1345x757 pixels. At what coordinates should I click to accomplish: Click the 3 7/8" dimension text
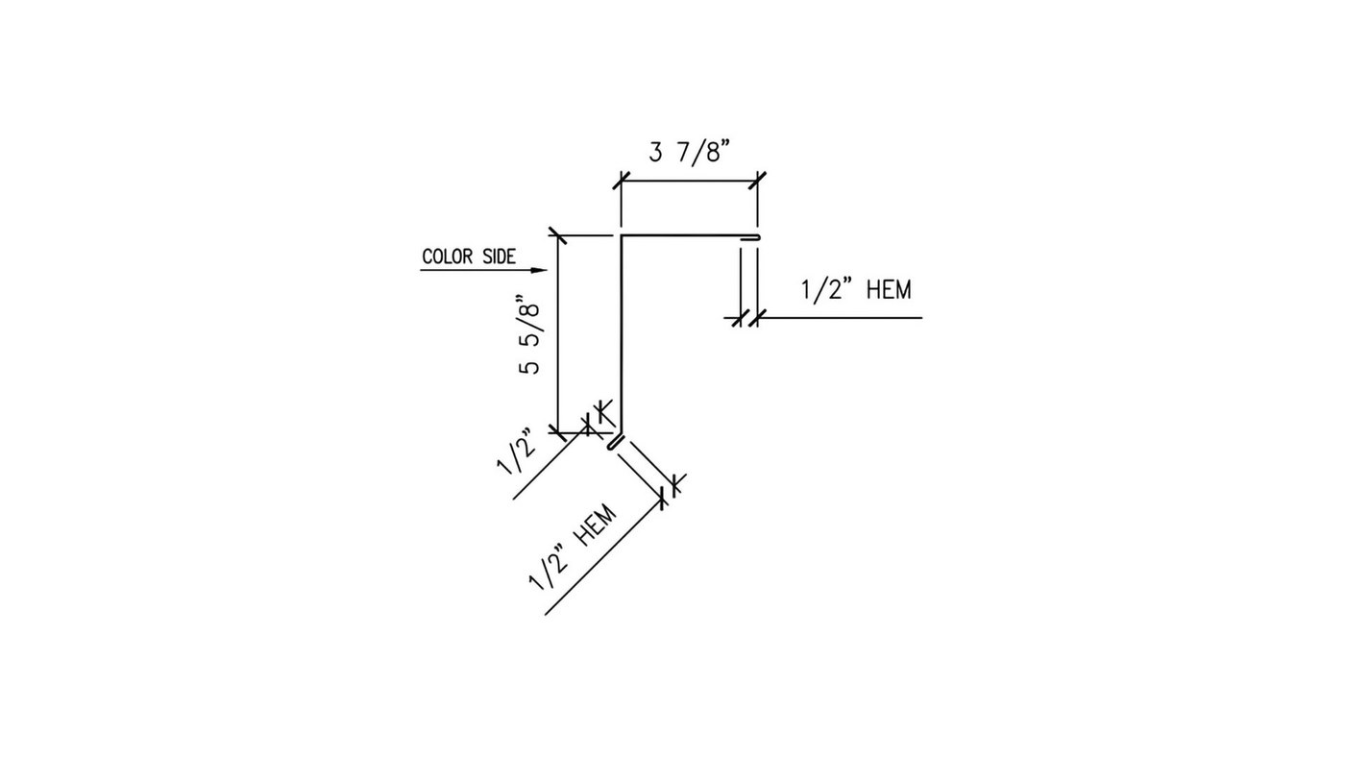pyautogui.click(x=690, y=153)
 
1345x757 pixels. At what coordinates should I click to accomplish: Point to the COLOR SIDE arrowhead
pyautogui.click(x=539, y=271)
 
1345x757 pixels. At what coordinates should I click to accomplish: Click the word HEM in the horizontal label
pyautogui.click(x=888, y=289)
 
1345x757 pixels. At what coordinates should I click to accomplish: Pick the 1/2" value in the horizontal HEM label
pyautogui.click(x=827, y=289)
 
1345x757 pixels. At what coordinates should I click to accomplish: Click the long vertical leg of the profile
pyautogui.click(x=620, y=336)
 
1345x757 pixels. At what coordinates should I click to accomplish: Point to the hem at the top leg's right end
pyautogui.click(x=752, y=237)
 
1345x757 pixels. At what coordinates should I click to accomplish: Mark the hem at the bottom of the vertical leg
pyautogui.click(x=616, y=442)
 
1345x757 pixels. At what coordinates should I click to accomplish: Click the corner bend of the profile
pyautogui.click(x=621, y=235)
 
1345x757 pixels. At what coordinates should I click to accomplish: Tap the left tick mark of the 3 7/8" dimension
pyautogui.click(x=621, y=180)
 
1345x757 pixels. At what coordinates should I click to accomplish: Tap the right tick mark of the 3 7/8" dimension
pyautogui.click(x=758, y=180)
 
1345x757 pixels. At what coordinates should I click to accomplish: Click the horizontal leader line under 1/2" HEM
pyautogui.click(x=845, y=317)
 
